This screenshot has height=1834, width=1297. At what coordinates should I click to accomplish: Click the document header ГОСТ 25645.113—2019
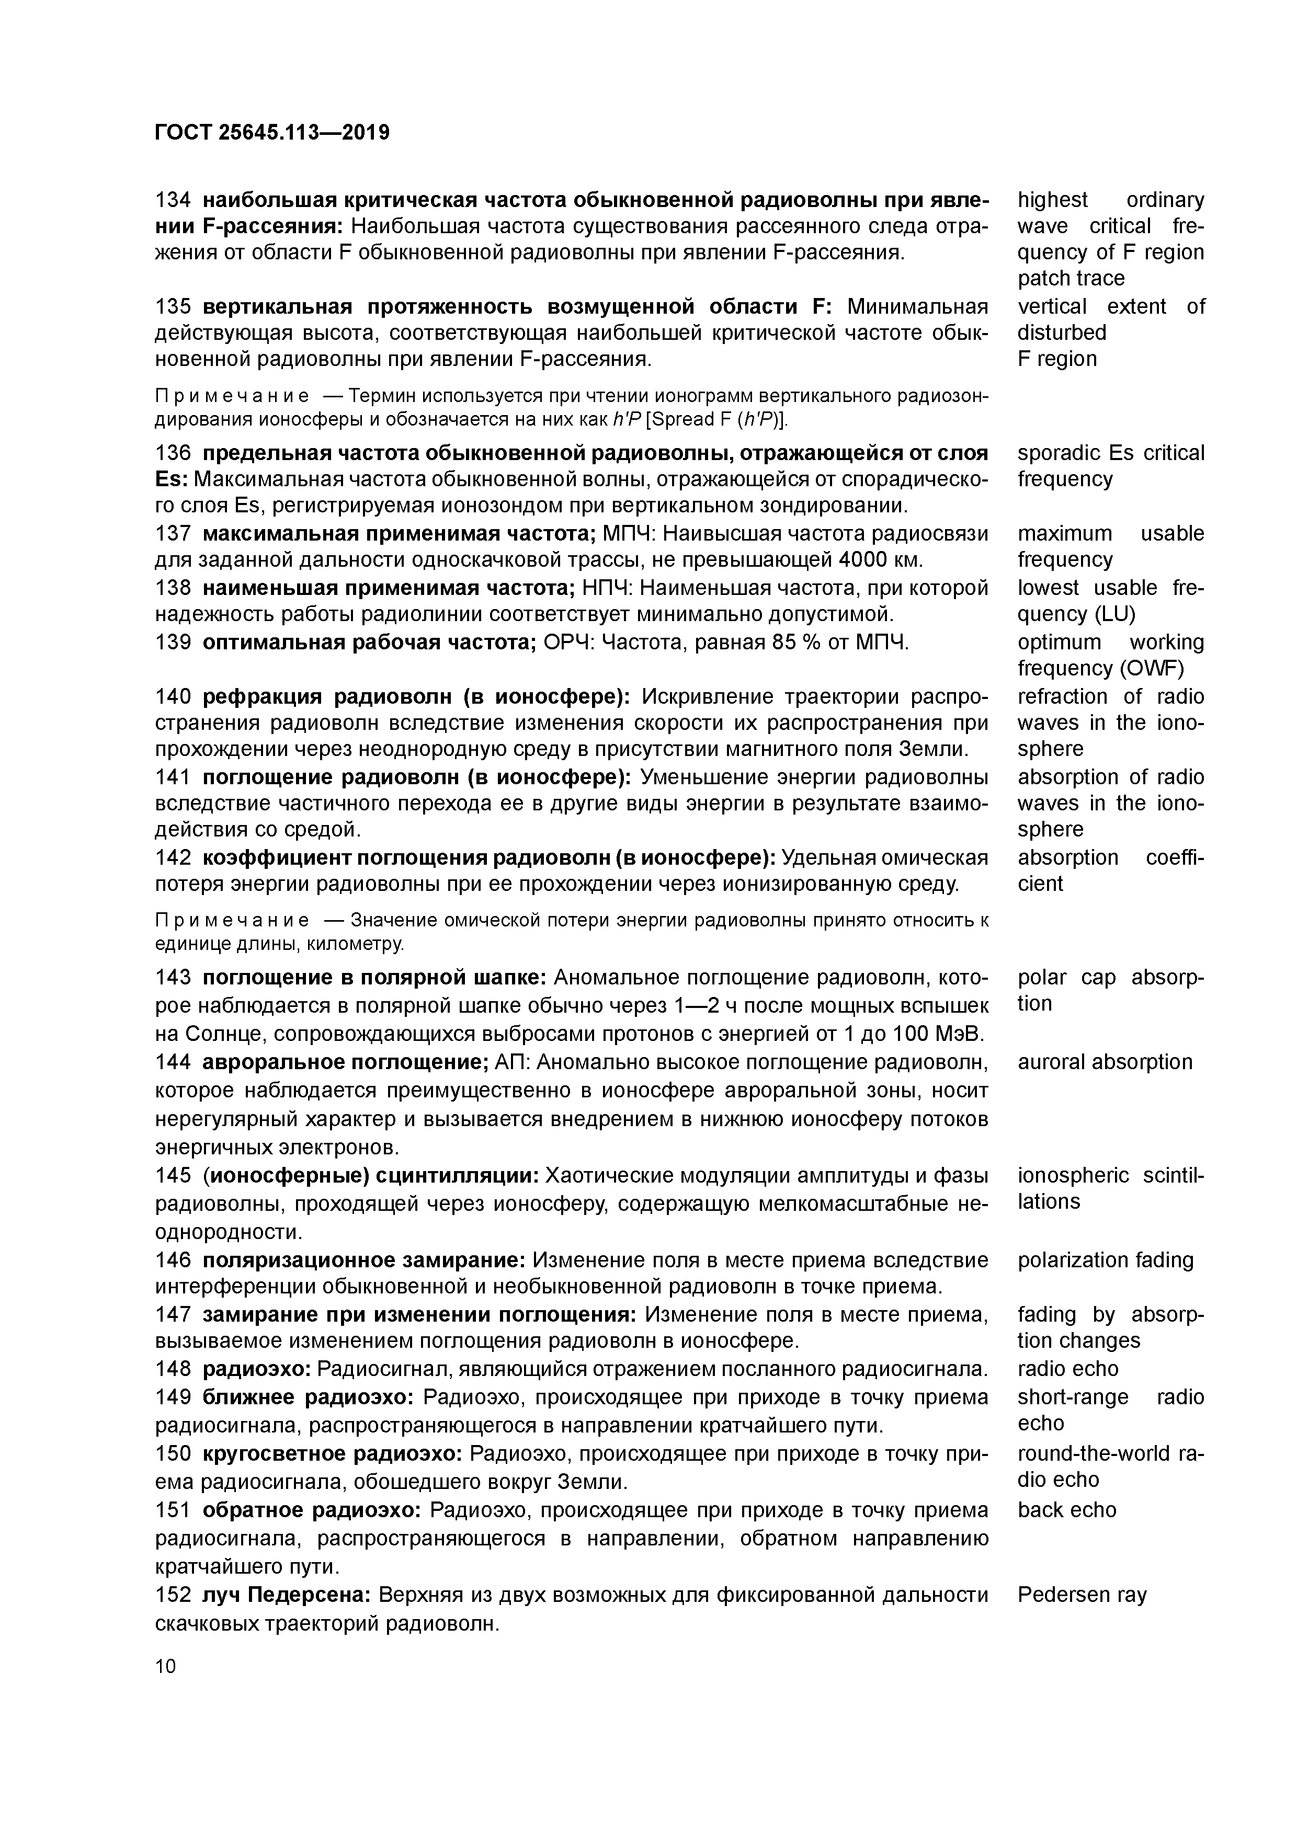[x=272, y=133]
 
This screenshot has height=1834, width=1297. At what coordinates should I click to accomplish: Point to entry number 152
[x=173, y=1595]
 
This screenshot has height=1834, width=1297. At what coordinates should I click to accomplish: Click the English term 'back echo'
[x=1067, y=1510]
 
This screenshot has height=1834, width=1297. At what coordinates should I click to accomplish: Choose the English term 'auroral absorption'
[x=1105, y=1062]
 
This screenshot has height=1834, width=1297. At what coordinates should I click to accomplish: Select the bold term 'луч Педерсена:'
[x=286, y=1595]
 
